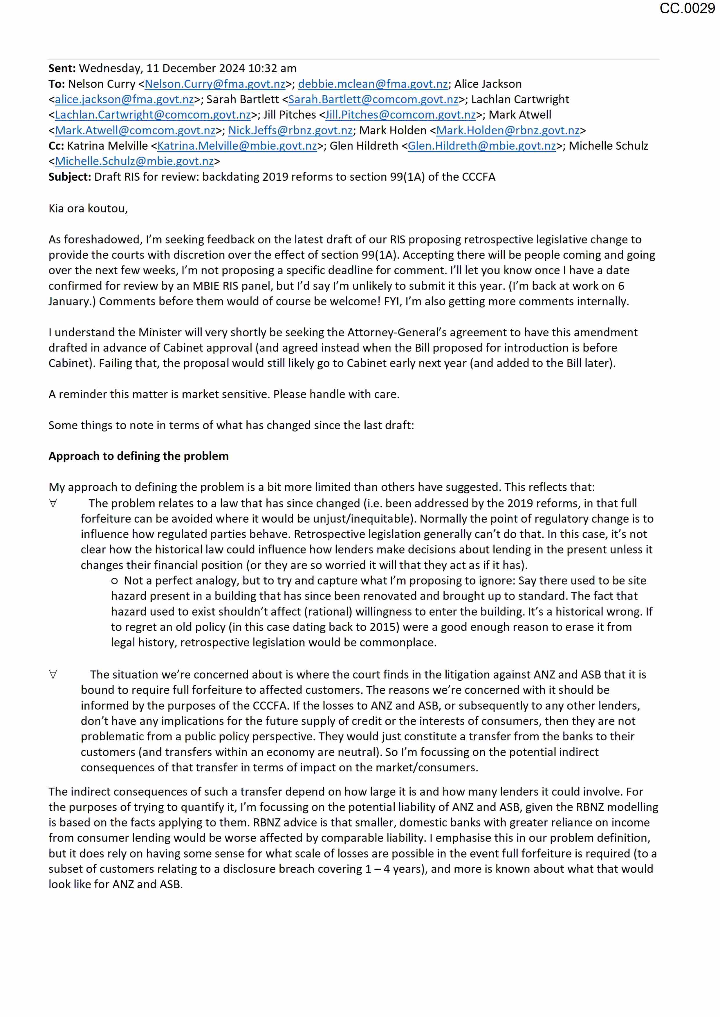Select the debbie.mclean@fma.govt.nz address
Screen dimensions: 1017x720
(x=373, y=84)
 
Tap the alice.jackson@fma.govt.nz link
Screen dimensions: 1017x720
(x=124, y=100)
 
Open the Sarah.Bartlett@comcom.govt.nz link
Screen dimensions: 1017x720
(x=373, y=100)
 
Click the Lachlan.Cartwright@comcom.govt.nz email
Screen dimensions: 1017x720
(x=153, y=115)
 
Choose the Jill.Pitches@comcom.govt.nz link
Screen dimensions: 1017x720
(x=401, y=115)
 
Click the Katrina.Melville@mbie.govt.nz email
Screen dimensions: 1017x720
(x=237, y=146)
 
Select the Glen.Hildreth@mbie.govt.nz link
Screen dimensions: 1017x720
(x=482, y=146)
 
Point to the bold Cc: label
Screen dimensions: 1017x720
(x=56, y=146)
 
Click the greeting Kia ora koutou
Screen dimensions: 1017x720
(x=88, y=209)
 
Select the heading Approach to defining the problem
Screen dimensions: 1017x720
(x=138, y=456)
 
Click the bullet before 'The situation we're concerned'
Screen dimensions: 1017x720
(x=53, y=675)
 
